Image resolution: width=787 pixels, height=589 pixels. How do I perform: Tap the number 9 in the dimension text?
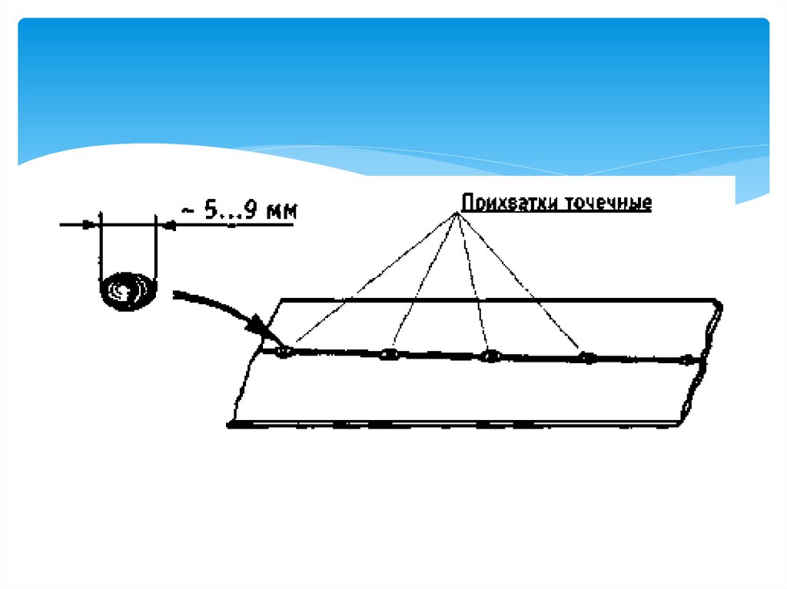coord(250,210)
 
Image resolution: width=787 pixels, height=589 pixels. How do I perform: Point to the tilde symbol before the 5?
coord(187,210)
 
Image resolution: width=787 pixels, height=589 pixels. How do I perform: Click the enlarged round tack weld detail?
coord(128,290)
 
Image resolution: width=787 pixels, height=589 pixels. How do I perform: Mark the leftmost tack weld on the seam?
coord(284,352)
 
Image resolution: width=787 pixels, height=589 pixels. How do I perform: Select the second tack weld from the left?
coord(389,355)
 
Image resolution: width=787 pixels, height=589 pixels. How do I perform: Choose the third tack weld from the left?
coord(490,356)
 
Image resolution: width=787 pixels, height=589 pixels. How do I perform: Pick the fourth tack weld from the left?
coord(587,357)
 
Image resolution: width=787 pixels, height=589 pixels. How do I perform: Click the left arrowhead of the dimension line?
coord(91,224)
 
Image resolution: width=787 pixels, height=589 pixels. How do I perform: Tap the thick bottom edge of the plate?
coord(453,423)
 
